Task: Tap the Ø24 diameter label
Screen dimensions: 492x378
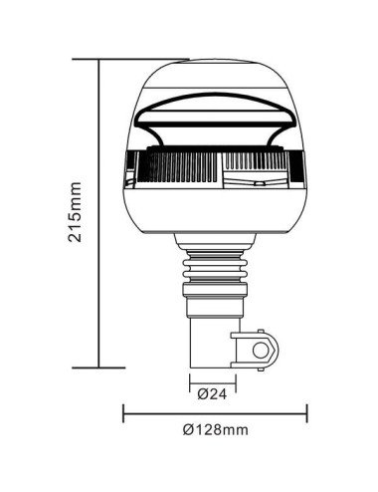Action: [x=210, y=393]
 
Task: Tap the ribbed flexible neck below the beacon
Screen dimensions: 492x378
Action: [x=211, y=261]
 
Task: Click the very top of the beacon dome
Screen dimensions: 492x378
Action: [x=213, y=61]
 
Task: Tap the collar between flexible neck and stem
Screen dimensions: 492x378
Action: [x=211, y=292]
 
